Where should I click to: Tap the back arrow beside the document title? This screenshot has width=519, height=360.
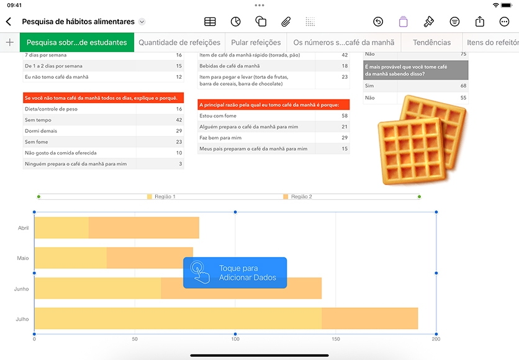click(x=9, y=22)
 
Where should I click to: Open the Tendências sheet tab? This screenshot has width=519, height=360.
click(x=431, y=42)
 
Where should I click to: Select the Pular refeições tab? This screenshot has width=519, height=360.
click(x=256, y=42)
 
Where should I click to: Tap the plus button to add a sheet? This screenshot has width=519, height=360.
click(x=9, y=42)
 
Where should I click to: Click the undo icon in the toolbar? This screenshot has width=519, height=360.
click(x=378, y=22)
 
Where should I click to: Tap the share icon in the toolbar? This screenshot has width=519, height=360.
click(x=480, y=22)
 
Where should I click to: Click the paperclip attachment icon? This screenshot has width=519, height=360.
click(x=286, y=22)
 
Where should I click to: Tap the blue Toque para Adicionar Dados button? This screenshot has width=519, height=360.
click(x=235, y=272)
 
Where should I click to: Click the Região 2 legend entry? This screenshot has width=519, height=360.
click(x=297, y=197)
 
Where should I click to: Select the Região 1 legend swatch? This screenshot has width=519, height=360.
click(x=150, y=197)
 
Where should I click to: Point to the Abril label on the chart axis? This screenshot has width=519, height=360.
click(x=23, y=228)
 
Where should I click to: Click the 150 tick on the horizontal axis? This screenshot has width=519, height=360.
click(x=336, y=339)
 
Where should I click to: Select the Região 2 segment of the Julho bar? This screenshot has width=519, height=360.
click(x=370, y=318)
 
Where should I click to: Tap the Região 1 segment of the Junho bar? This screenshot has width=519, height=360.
click(x=97, y=288)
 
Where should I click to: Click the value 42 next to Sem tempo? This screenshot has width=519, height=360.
click(x=179, y=120)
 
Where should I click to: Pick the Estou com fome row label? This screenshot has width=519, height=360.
click(x=218, y=116)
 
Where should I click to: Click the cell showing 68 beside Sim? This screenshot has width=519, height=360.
click(x=463, y=86)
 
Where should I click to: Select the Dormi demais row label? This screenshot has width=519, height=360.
click(x=41, y=131)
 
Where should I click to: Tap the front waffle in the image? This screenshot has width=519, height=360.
click(x=412, y=151)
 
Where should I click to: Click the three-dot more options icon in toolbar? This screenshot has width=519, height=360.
click(x=504, y=22)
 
